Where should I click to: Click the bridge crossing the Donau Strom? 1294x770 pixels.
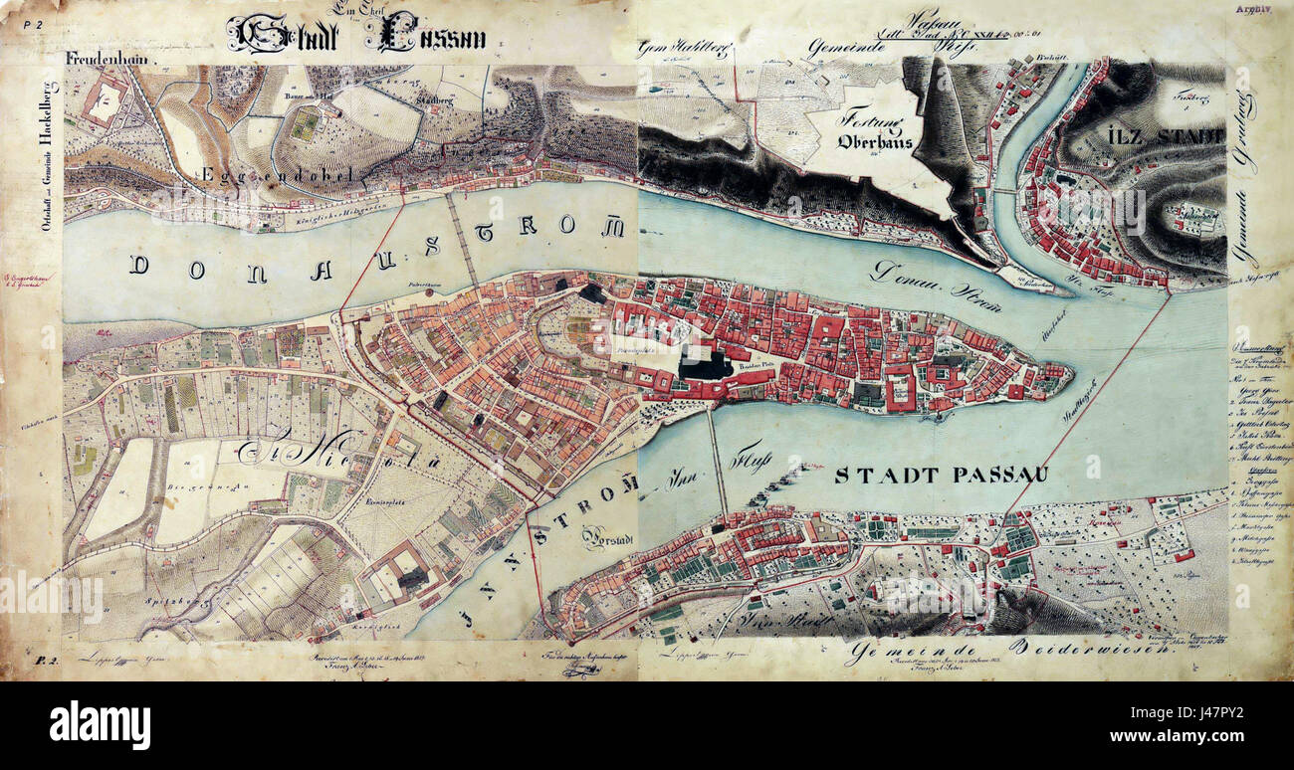click(463, 238)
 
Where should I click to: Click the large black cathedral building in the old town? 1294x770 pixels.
click(705, 365)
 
